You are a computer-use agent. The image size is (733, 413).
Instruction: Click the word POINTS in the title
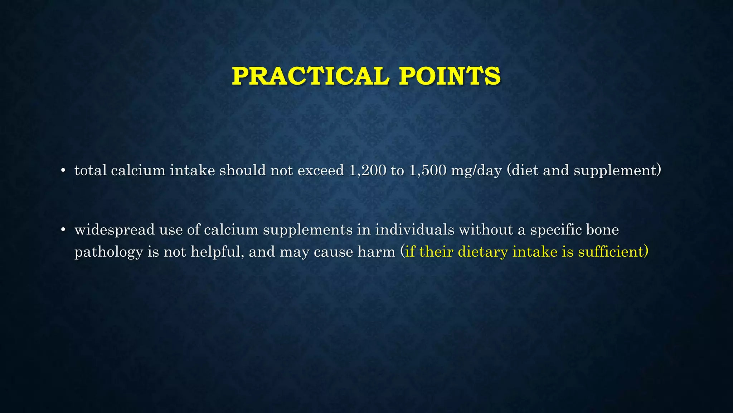coord(450,76)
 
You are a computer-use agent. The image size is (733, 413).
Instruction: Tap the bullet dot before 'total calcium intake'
coord(63,171)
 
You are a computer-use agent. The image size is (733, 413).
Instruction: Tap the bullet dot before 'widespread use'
coord(63,230)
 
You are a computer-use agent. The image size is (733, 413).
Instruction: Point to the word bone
coord(602,230)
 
